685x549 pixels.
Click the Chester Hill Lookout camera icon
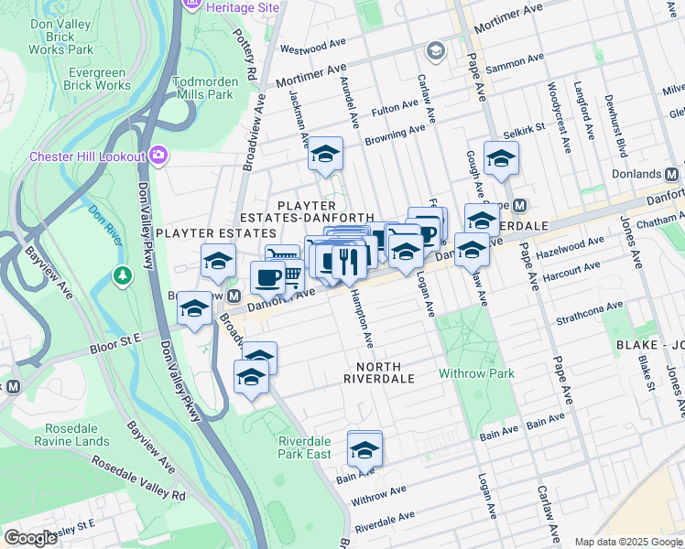coord(159,156)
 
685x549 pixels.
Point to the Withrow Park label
coord(476,373)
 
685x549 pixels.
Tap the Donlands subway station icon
coord(672,174)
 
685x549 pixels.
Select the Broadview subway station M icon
coord(234,297)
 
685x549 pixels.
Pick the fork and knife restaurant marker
coord(349,262)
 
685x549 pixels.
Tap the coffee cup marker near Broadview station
coord(267,276)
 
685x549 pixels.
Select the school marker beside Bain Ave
coord(364,449)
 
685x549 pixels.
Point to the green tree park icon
coord(121,274)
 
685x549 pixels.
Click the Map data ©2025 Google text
coord(627,542)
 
